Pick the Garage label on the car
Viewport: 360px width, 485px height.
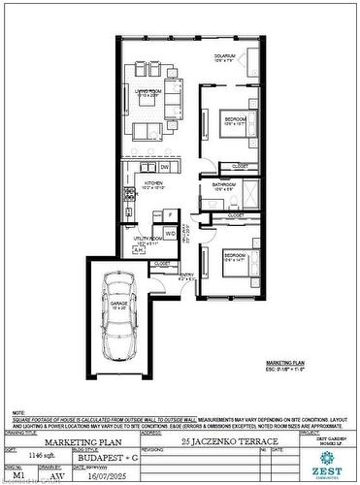coord(118,305)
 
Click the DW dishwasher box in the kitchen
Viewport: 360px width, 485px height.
coord(164,167)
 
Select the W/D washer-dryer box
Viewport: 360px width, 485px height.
coord(169,234)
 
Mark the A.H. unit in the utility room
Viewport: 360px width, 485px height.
coord(137,249)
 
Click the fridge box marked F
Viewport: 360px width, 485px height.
coord(170,214)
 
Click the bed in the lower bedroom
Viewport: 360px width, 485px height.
coord(232,265)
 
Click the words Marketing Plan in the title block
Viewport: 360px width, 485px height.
coord(81,441)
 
